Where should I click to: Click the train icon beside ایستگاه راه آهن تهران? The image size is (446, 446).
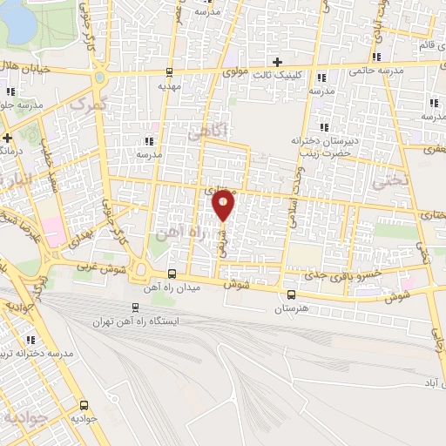click(134, 307)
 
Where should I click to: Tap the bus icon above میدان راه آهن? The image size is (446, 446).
click(172, 274)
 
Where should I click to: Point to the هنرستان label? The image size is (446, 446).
click(292, 308)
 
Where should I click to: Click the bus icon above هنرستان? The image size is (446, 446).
click(291, 294)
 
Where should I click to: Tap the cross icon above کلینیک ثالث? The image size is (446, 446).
click(277, 62)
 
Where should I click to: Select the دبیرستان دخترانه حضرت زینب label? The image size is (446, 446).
click(320, 146)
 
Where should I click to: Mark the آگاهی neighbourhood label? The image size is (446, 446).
click(206, 132)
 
